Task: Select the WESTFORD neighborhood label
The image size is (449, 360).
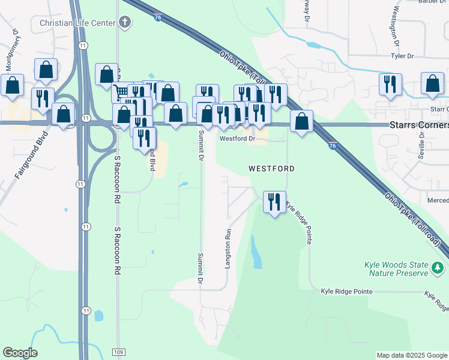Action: (x=271, y=169)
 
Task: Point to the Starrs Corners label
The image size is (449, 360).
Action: (x=419, y=125)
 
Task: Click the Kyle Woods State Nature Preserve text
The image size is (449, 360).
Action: (x=396, y=269)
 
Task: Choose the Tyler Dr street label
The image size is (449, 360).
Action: (x=402, y=56)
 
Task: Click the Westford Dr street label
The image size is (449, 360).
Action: (x=238, y=138)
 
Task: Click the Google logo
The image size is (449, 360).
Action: (x=20, y=353)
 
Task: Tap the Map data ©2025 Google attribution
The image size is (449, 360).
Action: (x=411, y=355)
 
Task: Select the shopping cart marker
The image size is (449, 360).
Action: (x=121, y=92)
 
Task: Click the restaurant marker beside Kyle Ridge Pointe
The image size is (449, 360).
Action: (x=274, y=202)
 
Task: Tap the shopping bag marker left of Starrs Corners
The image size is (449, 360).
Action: (x=301, y=121)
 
